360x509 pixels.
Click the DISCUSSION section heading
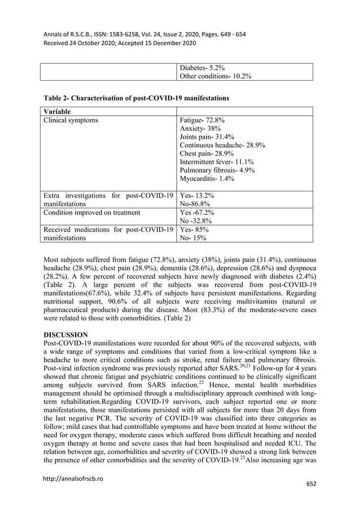(x=65, y=335)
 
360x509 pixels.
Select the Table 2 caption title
(x=136, y=98)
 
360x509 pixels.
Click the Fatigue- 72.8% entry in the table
(x=202, y=120)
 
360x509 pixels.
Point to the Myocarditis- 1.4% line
(x=207, y=179)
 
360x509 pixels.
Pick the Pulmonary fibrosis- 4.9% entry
(x=217, y=169)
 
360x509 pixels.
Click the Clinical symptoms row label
(x=71, y=120)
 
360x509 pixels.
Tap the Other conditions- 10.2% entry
(x=215, y=76)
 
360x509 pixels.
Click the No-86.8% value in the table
(x=196, y=204)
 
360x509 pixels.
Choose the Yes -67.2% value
(x=196, y=213)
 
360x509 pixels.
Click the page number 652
(x=311, y=485)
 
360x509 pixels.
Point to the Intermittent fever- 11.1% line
(x=216, y=160)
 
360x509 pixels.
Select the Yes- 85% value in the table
(x=194, y=230)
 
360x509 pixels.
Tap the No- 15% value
(x=193, y=238)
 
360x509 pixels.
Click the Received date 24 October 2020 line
(x=119, y=43)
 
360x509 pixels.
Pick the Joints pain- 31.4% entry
(x=207, y=138)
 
